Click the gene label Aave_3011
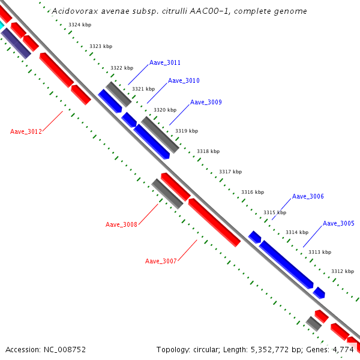coord(165,62)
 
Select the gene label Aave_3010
coord(184,80)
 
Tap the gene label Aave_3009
coord(206,102)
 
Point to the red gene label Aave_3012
coord(26,131)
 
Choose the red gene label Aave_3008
coord(121,224)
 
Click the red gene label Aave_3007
coord(161,261)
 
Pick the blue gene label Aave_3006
coord(308,196)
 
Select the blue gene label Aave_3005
coord(338,223)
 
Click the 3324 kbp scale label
coord(80,25)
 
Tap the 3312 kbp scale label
coord(343,271)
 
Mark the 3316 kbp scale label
coord(253,192)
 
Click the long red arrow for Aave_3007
coord(214,222)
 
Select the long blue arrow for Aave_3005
coord(286,264)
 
